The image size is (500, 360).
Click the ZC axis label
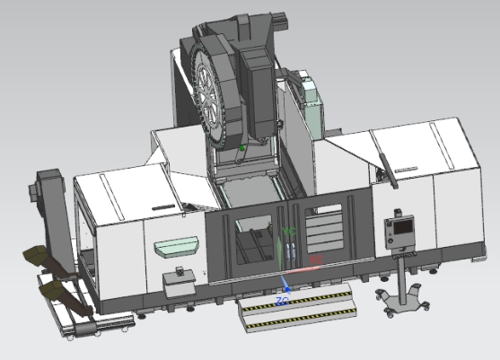tap(282, 298)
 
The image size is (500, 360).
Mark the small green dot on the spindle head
tap(241, 146)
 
